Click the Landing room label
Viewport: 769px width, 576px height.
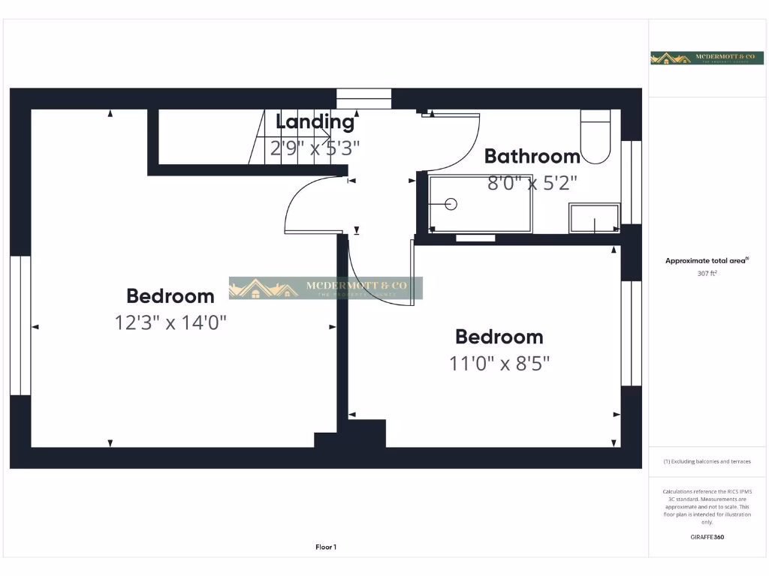(315, 121)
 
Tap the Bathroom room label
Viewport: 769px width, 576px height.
(532, 156)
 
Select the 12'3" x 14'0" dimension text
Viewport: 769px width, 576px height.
(170, 322)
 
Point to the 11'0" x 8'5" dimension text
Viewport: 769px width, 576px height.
(499, 364)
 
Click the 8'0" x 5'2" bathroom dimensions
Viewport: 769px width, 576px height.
(532, 182)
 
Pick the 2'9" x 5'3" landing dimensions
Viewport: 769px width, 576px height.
(315, 147)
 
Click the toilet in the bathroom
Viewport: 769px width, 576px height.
(596, 136)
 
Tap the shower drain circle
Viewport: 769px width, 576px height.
(451, 203)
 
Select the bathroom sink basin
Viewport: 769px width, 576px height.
(594, 218)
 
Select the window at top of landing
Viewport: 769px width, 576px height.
(363, 99)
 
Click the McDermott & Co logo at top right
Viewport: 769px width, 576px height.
(696, 58)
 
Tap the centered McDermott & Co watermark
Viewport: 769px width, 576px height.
(326, 288)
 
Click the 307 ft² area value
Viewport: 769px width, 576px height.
(707, 274)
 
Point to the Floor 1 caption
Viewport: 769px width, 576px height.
(326, 547)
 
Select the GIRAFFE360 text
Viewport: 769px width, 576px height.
(707, 537)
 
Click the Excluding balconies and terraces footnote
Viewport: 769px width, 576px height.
(707, 461)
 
